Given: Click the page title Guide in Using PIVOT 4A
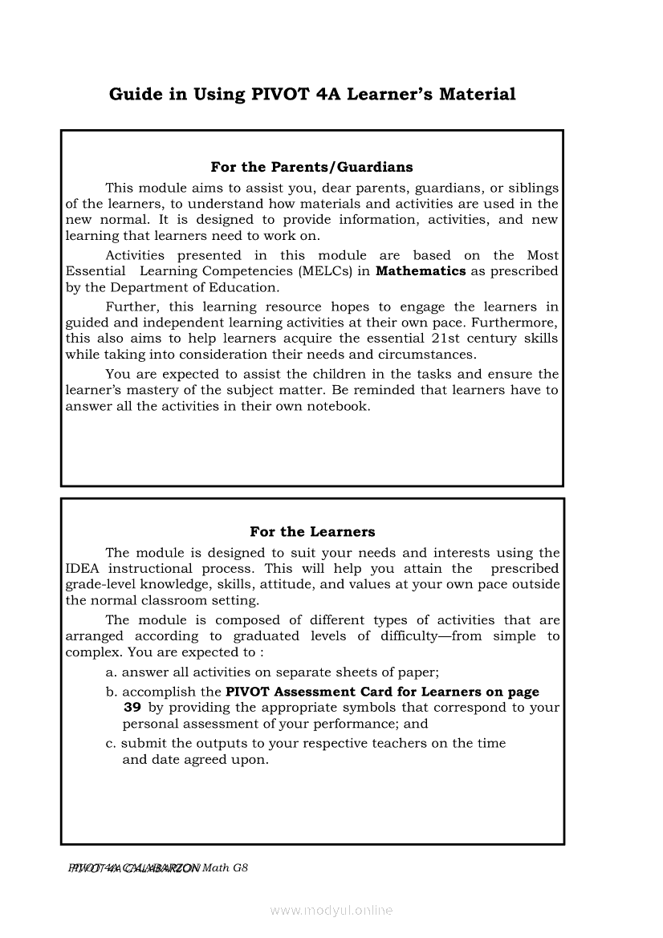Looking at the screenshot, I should [312, 95].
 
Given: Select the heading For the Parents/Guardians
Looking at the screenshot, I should [311, 167].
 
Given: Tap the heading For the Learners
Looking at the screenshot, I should [312, 531].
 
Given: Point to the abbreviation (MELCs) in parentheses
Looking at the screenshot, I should [328, 271].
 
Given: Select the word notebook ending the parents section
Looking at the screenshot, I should [340, 406].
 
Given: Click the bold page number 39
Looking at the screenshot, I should [132, 708].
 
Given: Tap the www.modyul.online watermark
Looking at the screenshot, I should [331, 911].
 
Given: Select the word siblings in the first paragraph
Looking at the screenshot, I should [531, 188].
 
